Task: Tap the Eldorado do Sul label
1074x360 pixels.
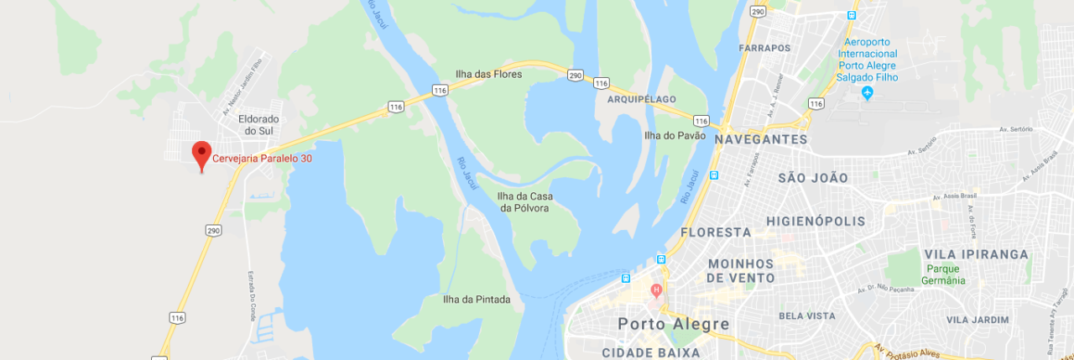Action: click(x=258, y=125)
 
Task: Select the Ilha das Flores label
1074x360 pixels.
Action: click(x=488, y=74)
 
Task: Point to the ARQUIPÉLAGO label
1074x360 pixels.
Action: click(x=641, y=99)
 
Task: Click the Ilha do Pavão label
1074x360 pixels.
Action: click(x=675, y=135)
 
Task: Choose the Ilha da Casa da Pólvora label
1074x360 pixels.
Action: click(x=524, y=201)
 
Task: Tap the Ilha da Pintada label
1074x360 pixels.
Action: click(x=477, y=299)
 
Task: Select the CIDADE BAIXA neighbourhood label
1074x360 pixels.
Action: click(x=651, y=352)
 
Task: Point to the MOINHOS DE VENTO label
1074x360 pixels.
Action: click(x=741, y=270)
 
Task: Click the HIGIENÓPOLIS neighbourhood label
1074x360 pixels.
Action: click(x=815, y=221)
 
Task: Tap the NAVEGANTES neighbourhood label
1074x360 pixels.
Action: click(x=761, y=139)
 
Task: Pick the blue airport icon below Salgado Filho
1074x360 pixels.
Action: click(x=868, y=92)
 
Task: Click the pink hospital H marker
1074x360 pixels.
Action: click(x=656, y=290)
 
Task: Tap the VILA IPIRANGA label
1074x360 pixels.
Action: click(x=976, y=254)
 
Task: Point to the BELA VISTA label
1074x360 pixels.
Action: click(x=807, y=316)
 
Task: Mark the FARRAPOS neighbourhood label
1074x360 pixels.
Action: click(x=764, y=48)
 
